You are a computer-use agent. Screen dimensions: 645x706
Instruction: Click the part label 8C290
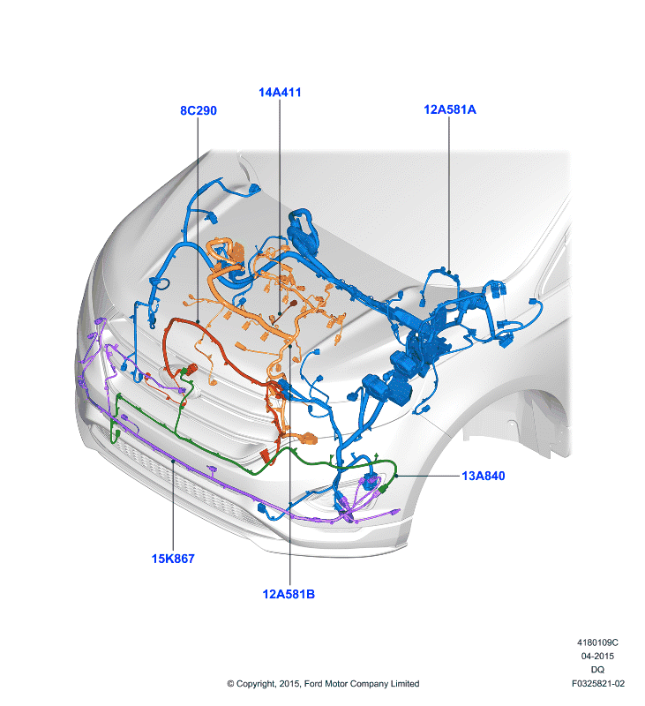click(198, 110)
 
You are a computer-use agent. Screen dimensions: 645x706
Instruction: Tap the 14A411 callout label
click(280, 93)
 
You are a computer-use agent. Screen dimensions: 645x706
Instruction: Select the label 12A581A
click(450, 109)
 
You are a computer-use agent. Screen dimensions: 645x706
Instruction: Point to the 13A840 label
click(484, 476)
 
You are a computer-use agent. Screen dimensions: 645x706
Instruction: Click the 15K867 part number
click(173, 559)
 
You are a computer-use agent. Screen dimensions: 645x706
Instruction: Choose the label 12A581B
click(289, 594)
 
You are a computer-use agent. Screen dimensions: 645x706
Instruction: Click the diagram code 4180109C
click(597, 642)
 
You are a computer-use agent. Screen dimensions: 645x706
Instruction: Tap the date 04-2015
click(597, 656)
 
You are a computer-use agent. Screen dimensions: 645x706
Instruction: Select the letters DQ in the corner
click(597, 670)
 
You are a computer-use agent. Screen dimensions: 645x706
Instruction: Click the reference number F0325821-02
click(598, 683)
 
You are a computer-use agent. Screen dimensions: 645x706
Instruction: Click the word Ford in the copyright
click(313, 683)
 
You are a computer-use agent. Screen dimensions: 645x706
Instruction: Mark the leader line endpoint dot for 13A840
click(396, 476)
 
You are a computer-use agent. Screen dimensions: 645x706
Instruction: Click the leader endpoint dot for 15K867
click(173, 461)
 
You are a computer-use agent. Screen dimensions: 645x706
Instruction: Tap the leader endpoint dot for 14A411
click(280, 313)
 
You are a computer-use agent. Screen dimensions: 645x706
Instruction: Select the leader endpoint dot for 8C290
click(198, 321)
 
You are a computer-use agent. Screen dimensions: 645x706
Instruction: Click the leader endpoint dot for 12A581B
click(290, 346)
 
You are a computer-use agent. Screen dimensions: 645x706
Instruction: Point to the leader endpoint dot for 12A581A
click(449, 272)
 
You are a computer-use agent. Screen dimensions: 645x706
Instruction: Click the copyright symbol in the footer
click(230, 684)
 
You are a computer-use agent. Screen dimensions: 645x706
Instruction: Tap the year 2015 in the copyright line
click(289, 683)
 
